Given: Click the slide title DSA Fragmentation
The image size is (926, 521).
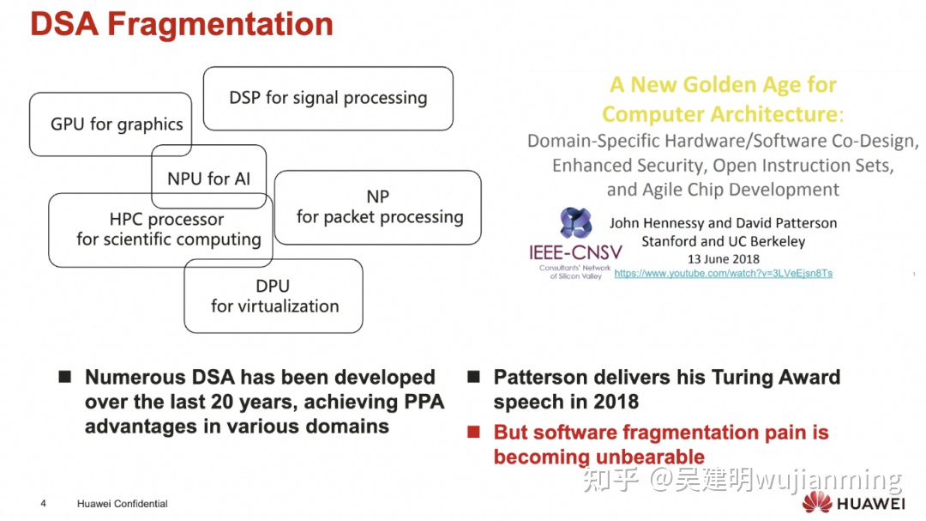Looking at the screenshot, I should pyautogui.click(x=182, y=24).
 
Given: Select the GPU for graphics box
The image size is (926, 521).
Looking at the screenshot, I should pyautogui.click(x=86, y=124).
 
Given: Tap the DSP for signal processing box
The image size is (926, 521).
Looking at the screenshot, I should pyautogui.click(x=328, y=98).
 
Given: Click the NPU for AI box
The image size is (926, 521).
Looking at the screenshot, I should pyautogui.click(x=208, y=179).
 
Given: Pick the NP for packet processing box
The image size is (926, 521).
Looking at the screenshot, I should pyautogui.click(x=379, y=207).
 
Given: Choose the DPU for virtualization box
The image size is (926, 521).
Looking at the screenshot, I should pyautogui.click(x=274, y=296).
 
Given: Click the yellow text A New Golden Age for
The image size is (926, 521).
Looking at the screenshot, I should pyautogui.click(x=723, y=84).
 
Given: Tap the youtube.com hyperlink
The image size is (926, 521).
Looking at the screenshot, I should pyautogui.click(x=723, y=273).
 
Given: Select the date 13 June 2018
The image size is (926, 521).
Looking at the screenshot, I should pyautogui.click(x=723, y=258).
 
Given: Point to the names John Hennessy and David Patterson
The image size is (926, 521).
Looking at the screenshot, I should pyautogui.click(x=723, y=223).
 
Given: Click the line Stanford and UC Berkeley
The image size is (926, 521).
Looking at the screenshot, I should pyautogui.click(x=723, y=241).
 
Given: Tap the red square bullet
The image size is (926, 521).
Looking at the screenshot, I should pyautogui.click(x=473, y=433).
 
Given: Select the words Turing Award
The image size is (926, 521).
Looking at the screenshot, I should pyautogui.click(x=780, y=378).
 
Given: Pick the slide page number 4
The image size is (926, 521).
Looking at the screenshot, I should pyautogui.click(x=43, y=504).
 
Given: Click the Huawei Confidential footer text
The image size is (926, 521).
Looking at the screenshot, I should pyautogui.click(x=122, y=504).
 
